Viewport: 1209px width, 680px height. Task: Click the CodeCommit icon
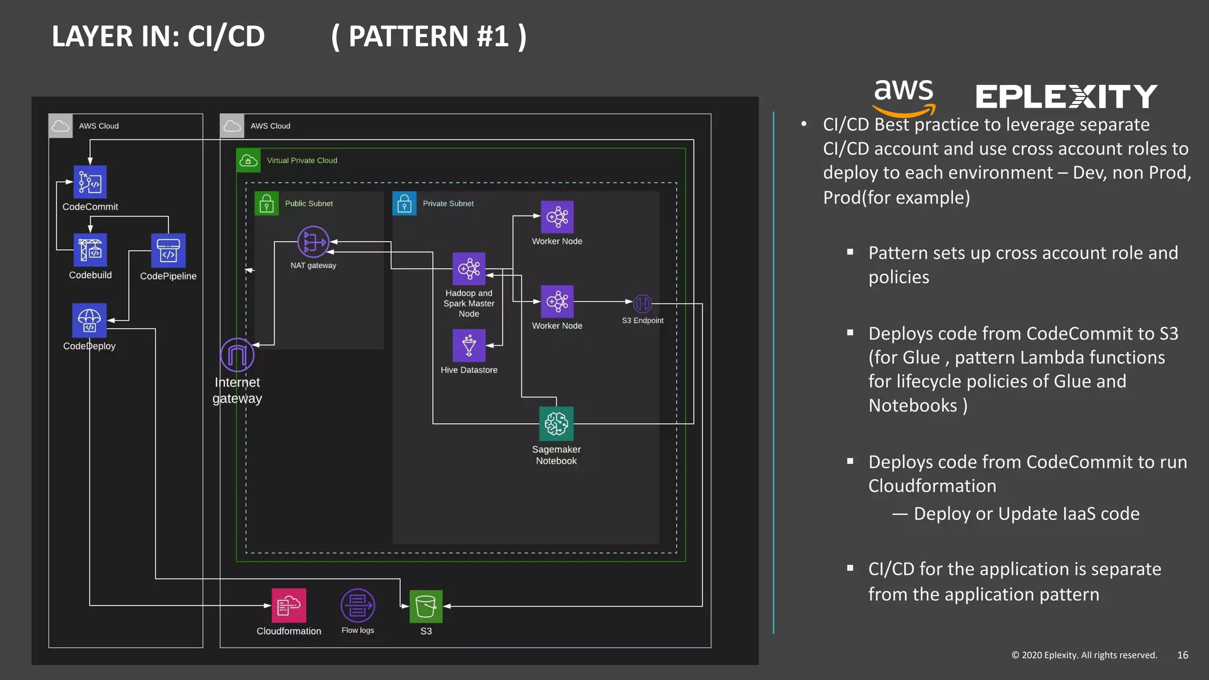[90, 182]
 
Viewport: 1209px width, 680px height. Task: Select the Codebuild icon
[90, 250]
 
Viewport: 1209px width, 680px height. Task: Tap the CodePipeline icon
[168, 250]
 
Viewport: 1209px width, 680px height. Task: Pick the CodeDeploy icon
[89, 320]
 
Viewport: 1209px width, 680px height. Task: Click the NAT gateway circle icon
[313, 241]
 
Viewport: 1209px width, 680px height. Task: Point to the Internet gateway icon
[237, 355]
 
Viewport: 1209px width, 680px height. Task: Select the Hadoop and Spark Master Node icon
[469, 269]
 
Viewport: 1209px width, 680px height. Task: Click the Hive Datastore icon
[469, 345]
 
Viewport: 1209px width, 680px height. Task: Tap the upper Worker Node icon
[557, 217]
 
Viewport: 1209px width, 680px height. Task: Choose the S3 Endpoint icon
[642, 303]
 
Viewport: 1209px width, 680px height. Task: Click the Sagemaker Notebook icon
[556, 423]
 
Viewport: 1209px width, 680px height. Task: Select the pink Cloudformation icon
[289, 606]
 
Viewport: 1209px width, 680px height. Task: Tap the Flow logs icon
[358, 606]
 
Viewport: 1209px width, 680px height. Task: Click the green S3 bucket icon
[426, 606]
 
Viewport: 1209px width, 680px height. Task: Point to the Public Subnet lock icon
[267, 204]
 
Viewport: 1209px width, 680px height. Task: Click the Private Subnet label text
[448, 204]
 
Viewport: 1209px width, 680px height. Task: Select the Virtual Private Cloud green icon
[249, 161]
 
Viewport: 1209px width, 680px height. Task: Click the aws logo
[903, 97]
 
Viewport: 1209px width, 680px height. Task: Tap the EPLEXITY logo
[1066, 97]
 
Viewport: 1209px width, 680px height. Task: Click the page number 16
[1182, 655]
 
